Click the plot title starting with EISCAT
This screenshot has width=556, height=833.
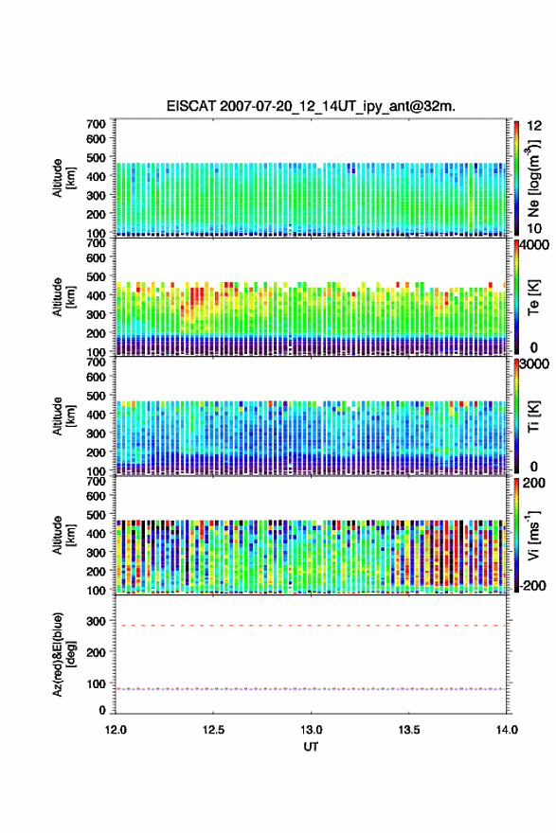[x=311, y=106]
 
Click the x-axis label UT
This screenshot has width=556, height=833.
[x=311, y=747]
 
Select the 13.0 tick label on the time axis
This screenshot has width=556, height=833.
[x=311, y=730]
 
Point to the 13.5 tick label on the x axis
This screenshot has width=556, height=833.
[x=409, y=730]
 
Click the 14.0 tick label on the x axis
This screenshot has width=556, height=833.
[x=507, y=730]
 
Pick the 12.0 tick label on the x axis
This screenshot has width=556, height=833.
[x=116, y=730]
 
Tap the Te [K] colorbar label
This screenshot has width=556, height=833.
[x=533, y=297]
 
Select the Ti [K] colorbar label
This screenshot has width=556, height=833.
[x=533, y=416]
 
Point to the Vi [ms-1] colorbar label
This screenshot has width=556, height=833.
[x=533, y=535]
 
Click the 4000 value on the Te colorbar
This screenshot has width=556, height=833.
[x=534, y=245]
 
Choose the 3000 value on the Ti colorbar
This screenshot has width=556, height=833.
[x=534, y=363]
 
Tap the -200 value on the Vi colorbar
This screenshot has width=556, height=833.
[x=530, y=585]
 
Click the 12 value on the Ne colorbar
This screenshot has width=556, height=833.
[x=534, y=126]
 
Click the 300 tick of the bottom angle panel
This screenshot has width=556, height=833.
[x=97, y=621]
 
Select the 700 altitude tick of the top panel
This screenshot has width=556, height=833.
[x=97, y=124]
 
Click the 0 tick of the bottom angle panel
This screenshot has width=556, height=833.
[x=102, y=710]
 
